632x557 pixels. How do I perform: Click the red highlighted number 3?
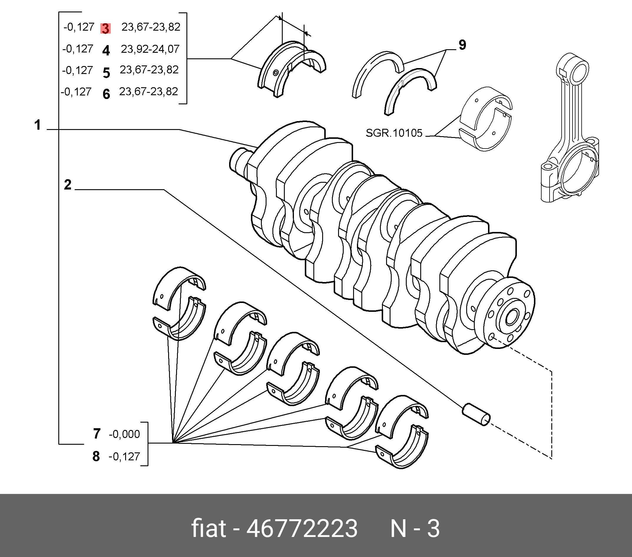[x=105, y=29]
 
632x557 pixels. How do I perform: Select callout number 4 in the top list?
[x=106, y=50]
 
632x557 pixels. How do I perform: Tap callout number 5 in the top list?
[x=106, y=73]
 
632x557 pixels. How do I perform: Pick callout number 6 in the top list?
[x=106, y=94]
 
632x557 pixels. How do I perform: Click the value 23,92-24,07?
[x=150, y=49]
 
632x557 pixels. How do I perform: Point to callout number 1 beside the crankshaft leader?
[x=37, y=125]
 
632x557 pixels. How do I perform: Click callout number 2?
[x=68, y=185]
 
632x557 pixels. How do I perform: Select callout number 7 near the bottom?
[x=97, y=434]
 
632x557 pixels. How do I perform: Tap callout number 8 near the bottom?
[x=96, y=456]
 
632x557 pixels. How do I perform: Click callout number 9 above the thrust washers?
[x=462, y=45]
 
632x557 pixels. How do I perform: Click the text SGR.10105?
[x=394, y=133]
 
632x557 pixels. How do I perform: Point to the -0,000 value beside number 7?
[x=124, y=434]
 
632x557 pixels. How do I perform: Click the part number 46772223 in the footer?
[x=302, y=528]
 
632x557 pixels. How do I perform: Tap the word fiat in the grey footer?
[x=209, y=528]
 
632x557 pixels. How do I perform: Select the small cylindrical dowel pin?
[x=476, y=415]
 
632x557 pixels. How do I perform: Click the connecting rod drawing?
[x=570, y=130]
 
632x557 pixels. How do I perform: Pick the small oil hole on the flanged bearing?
[x=275, y=73]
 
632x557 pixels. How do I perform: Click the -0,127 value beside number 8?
[x=124, y=457]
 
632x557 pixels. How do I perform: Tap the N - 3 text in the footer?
[x=415, y=528]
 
